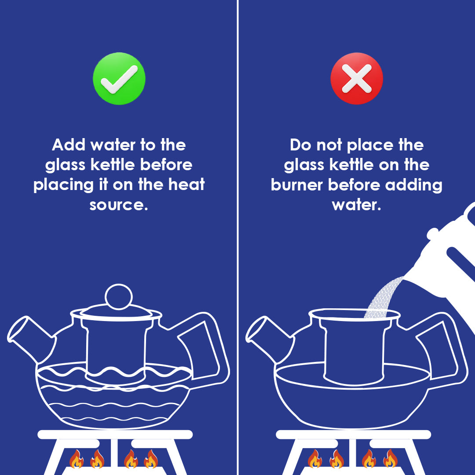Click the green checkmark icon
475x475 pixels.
point(119,79)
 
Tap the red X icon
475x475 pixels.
point(356,79)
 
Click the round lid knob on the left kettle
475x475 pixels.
point(118,296)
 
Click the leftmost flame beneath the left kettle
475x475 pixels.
point(76,460)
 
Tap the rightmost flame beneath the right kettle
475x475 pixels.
point(390,460)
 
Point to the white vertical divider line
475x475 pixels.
point(237,237)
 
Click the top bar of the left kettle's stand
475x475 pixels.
point(115,435)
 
